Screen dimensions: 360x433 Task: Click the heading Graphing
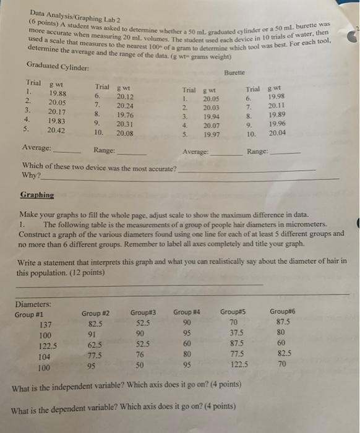pos(36,194)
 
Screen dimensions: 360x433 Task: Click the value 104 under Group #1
pos(43,357)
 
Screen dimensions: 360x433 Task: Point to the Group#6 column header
pos(283,312)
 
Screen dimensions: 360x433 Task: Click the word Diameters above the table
pos(33,304)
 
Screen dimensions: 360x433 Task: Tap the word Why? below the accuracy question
pos(30,176)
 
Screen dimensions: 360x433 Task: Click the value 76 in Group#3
pos(140,356)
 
